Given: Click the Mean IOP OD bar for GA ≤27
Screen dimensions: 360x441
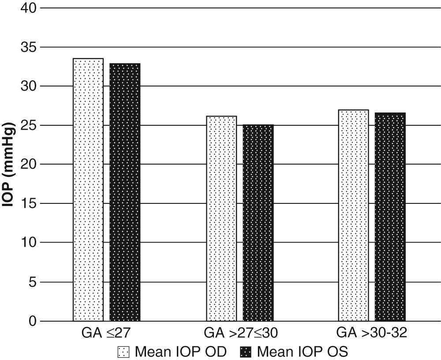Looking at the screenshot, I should (x=88, y=190).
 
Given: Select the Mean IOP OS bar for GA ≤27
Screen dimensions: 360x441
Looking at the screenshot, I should (x=125, y=192).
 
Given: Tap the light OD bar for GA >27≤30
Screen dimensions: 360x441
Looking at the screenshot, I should (x=221, y=218).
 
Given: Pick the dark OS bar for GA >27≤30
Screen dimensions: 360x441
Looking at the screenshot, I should (x=258, y=223).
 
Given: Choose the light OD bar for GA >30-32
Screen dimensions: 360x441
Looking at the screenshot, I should (x=354, y=215).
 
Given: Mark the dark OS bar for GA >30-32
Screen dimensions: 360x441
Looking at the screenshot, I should (x=390, y=217).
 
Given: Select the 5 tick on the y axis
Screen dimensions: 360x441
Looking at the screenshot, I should (x=31, y=282).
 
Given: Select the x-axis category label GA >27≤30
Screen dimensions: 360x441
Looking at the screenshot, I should (x=241, y=333).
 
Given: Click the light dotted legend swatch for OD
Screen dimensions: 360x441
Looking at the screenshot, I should (x=124, y=352).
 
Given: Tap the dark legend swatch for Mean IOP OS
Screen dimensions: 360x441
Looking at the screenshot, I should (x=246, y=352).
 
